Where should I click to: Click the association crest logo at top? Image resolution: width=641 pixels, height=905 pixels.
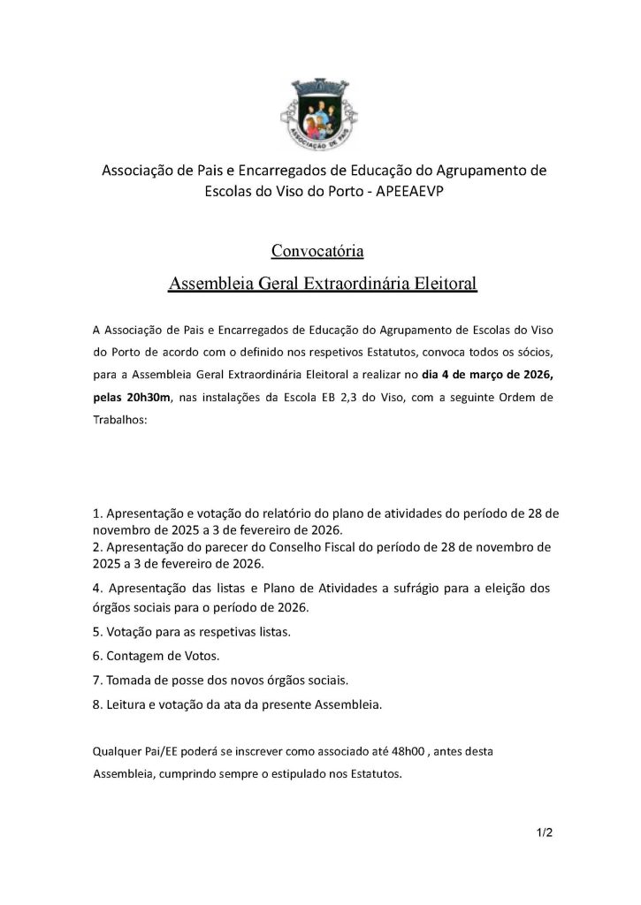click(x=319, y=112)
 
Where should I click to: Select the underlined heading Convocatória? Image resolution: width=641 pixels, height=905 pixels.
click(x=317, y=252)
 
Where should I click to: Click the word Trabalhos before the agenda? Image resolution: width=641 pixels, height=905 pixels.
click(x=120, y=421)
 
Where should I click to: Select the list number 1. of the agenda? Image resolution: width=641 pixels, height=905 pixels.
click(x=97, y=513)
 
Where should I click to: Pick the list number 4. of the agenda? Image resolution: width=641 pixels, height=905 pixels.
click(x=98, y=588)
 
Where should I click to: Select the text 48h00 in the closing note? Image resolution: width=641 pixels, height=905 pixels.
click(x=362, y=751)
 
